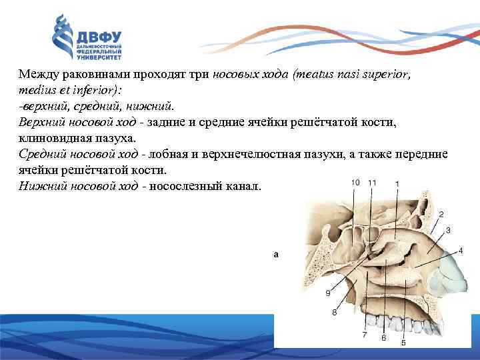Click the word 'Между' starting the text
[37, 75]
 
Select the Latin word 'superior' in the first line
[387, 75]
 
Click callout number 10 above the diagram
[355, 182]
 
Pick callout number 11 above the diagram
[371, 182]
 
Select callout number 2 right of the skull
[441, 213]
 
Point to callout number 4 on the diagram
[461, 250]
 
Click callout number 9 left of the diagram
[327, 293]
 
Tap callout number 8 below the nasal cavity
[334, 311]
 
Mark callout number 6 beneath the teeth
[383, 338]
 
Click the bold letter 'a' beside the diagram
[276, 254]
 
